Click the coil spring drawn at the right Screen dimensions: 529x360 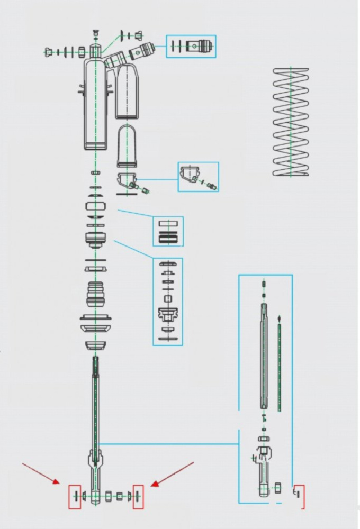tap(291, 122)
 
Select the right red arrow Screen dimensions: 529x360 tap(172, 473)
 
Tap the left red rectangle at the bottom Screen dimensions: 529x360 tap(74, 496)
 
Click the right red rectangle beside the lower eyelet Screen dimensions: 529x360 tap(138, 496)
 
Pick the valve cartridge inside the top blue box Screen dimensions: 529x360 tap(201, 46)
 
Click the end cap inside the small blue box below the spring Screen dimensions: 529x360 tap(190, 174)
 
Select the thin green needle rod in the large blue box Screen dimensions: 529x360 tap(279, 365)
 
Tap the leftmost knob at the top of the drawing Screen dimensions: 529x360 tap(49, 52)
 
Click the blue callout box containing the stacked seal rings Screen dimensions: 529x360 tap(168, 231)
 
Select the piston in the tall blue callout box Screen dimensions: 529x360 tap(167, 315)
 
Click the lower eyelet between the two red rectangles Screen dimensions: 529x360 tap(95, 496)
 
